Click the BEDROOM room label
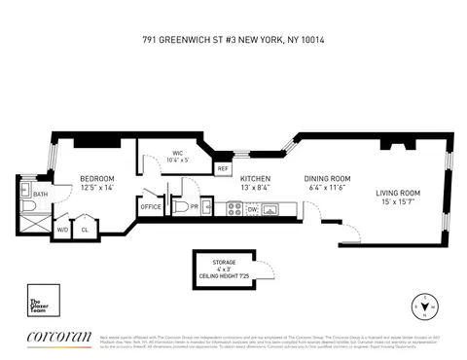coord(97,178)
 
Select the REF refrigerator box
coord(223,168)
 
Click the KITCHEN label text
coord(255,179)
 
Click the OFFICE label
coord(151,207)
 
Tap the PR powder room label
coord(194,207)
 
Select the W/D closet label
coord(62,231)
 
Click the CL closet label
coord(85,231)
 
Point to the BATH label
coord(40,194)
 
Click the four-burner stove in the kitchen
coord(233,207)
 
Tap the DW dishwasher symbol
coord(252,207)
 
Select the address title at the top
coord(233,41)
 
